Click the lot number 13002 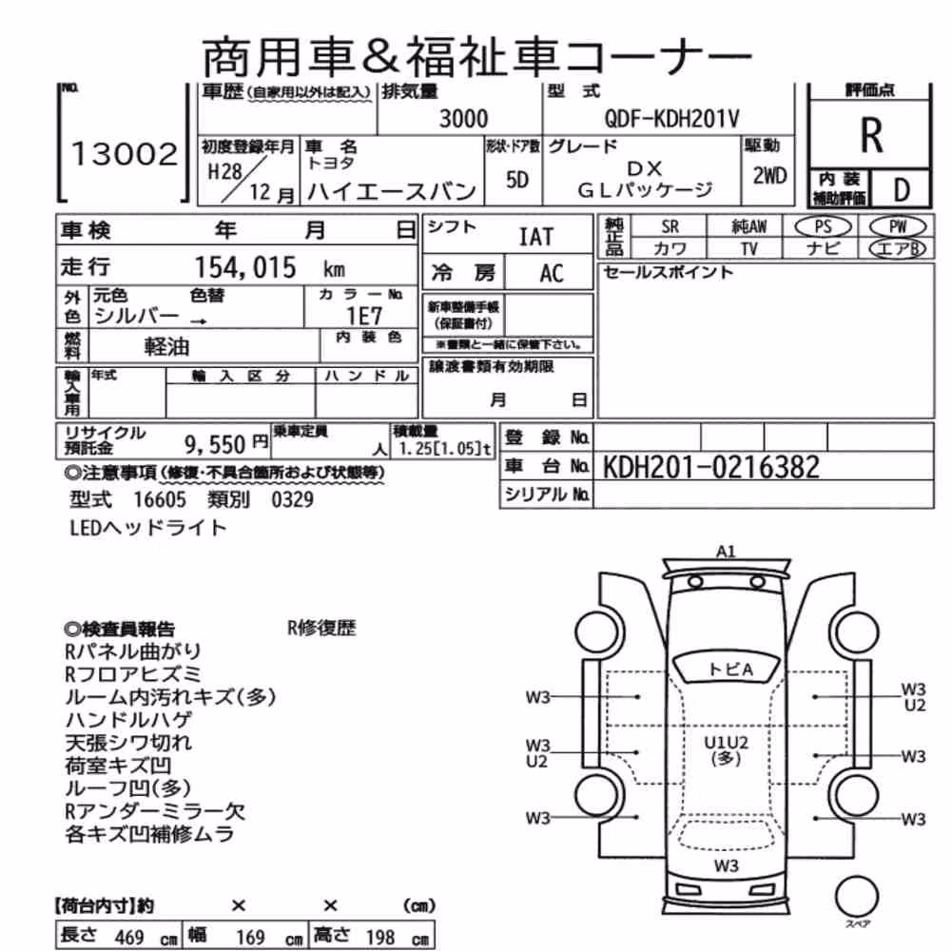pyautogui.click(x=125, y=154)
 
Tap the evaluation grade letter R pyautogui.click(x=871, y=136)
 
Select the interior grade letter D pyautogui.click(x=902, y=190)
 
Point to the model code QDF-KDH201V pyautogui.click(x=671, y=118)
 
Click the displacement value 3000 pyautogui.click(x=463, y=118)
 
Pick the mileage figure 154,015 pyautogui.click(x=245, y=267)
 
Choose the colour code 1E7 pyautogui.click(x=364, y=316)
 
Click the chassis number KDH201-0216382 pyautogui.click(x=710, y=467)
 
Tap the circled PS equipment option pyautogui.click(x=823, y=227)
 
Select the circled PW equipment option pyautogui.click(x=898, y=227)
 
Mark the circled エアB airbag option pyautogui.click(x=898, y=248)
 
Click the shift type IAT pyautogui.click(x=536, y=237)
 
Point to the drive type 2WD pyautogui.click(x=769, y=176)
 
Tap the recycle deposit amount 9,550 pyautogui.click(x=215, y=444)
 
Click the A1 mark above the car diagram pyautogui.click(x=726, y=552)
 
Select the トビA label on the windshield pyautogui.click(x=730, y=670)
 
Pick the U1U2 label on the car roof pyautogui.click(x=726, y=743)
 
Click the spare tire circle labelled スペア pyautogui.click(x=857, y=897)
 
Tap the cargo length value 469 pyautogui.click(x=129, y=937)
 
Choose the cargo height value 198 pyautogui.click(x=380, y=937)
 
